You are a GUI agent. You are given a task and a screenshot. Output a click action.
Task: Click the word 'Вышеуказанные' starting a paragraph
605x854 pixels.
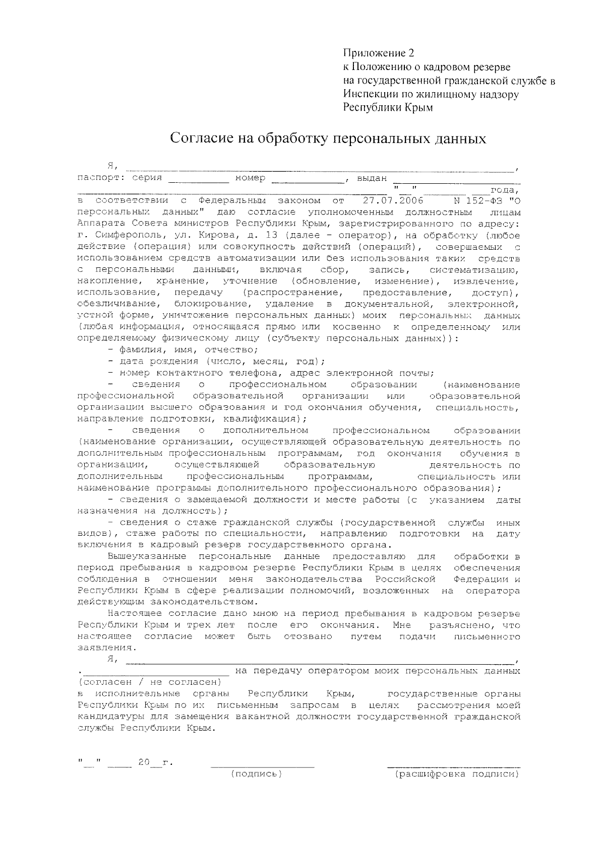click(x=147, y=556)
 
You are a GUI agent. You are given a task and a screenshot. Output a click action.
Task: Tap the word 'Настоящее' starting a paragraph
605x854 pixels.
click(x=134, y=614)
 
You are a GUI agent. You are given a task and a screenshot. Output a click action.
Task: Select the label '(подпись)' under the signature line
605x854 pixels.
click(x=256, y=774)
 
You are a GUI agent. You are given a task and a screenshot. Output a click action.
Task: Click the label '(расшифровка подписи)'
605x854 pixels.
click(x=457, y=774)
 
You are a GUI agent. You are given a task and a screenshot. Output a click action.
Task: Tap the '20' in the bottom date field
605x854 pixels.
click(x=144, y=763)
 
